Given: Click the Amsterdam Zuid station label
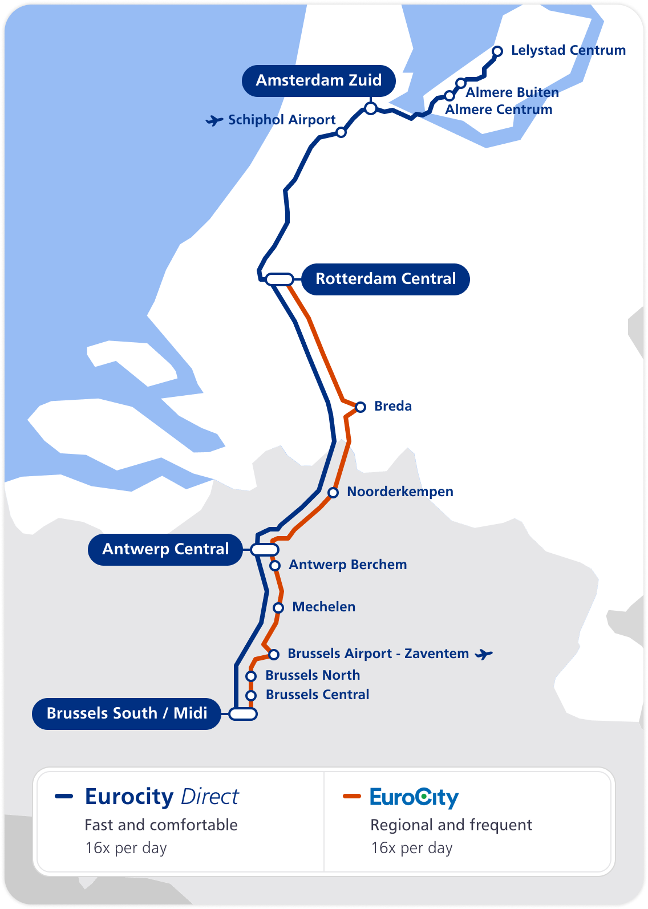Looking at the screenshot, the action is pos(319,80).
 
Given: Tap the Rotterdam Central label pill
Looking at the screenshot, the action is pos(386,279).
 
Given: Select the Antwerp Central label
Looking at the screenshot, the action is pos(165,549).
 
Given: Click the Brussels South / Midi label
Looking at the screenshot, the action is pos(127,713).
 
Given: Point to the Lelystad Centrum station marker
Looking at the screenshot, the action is pos(497,51).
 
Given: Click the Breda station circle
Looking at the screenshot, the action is pos(361,407).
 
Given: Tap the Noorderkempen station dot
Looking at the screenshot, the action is pos(333,493).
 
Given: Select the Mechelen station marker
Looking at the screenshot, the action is pos(278,608).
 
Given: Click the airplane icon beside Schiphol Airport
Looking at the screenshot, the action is pos(214,120).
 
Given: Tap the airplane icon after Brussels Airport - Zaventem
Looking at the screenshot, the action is pos(484,654).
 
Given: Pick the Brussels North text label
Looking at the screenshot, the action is pos(313,675).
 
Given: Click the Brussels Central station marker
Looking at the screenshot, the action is pos(251,696).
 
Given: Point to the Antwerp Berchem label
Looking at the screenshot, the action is pos(348,565).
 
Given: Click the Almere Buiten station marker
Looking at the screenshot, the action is pos(461,83).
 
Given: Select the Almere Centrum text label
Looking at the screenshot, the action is pos(499,109).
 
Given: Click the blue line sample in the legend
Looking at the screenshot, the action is pos(64,796).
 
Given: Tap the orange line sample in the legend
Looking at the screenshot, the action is pos(352,796).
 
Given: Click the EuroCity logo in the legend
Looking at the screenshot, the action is pos(414,797).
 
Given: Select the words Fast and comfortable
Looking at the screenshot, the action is pos(161,825).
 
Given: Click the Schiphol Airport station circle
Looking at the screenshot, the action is pos(341,132).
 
